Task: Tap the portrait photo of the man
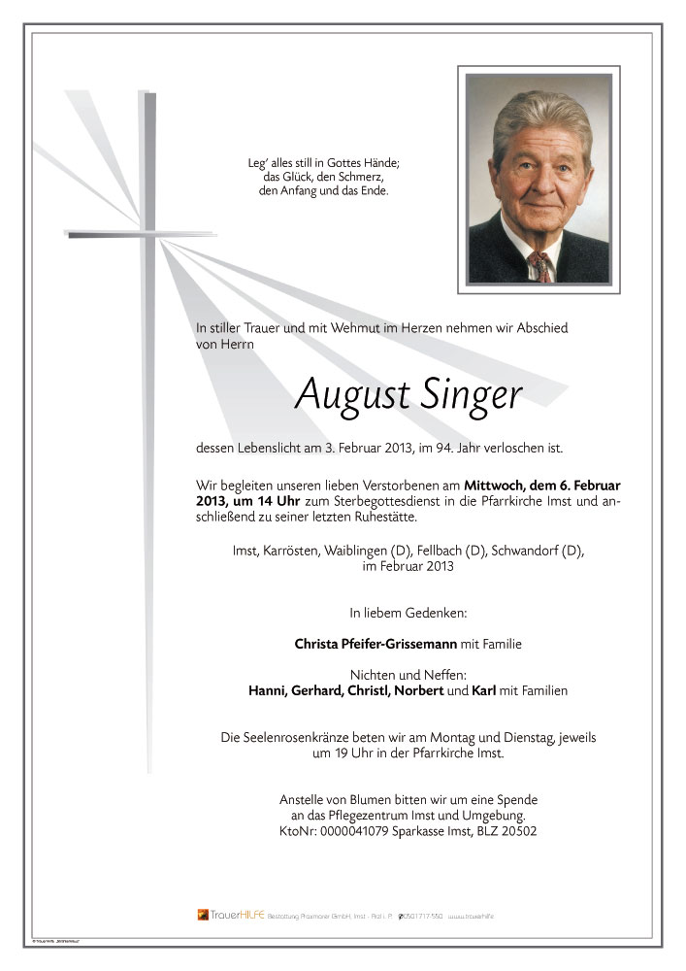[x=539, y=180]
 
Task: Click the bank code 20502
[x=517, y=831]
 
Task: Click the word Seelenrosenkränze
[x=300, y=738]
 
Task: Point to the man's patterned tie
[x=540, y=265]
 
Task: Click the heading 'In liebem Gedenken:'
[x=408, y=613]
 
